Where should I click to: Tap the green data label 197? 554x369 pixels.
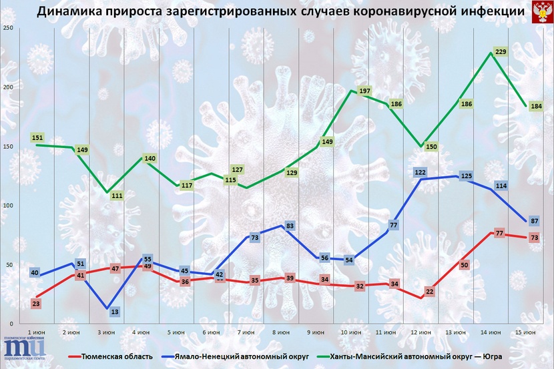coord(364,91)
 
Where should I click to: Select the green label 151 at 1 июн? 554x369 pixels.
coord(37,138)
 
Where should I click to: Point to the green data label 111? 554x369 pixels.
coord(116,196)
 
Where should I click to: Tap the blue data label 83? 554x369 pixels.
coord(289,226)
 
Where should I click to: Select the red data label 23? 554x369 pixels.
coord(37,304)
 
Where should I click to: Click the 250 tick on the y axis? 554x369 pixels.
coord(8,27)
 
